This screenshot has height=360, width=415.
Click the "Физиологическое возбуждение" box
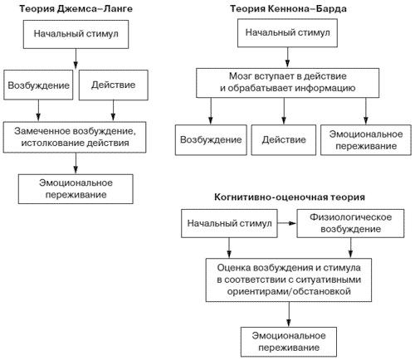339,223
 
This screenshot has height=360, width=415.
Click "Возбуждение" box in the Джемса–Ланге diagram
36,85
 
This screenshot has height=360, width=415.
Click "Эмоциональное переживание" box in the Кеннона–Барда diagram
359,138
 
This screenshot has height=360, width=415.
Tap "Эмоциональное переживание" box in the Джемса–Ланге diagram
76,187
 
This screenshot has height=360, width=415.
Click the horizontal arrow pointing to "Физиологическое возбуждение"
284,223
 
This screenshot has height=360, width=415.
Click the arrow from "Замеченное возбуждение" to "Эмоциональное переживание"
76,161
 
